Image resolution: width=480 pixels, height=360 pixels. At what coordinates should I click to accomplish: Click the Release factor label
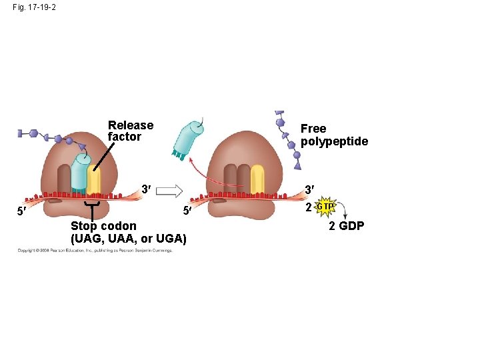click(x=130, y=131)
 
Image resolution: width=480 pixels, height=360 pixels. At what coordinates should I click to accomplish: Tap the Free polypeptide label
click(x=334, y=135)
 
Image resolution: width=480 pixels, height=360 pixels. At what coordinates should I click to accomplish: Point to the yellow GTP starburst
click(x=325, y=207)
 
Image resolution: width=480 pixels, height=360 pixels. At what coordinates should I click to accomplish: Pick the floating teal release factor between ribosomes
click(x=187, y=139)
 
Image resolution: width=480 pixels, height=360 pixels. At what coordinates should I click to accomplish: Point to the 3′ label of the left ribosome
click(x=145, y=189)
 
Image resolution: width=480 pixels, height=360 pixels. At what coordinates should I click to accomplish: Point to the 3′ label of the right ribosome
click(x=309, y=189)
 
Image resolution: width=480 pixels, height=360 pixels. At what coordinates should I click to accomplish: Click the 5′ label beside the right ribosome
click(x=188, y=213)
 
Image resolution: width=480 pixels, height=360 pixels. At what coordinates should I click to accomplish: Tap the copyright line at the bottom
click(x=95, y=251)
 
